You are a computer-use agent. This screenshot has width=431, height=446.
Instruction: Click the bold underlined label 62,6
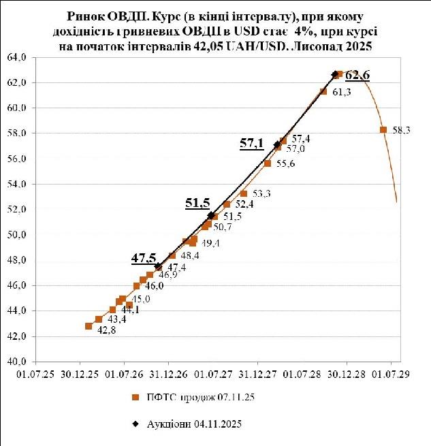[x=357, y=76]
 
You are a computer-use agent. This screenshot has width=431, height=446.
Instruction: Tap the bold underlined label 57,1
[x=251, y=143]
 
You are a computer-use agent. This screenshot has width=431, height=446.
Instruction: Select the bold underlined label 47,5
[x=143, y=258]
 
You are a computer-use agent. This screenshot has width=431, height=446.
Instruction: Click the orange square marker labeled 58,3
[x=383, y=129]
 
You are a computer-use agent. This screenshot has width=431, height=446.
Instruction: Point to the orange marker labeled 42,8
[x=89, y=326]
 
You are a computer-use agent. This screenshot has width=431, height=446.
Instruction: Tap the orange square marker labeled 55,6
[x=268, y=163]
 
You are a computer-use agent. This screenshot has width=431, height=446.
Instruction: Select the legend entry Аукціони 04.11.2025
[x=194, y=424]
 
